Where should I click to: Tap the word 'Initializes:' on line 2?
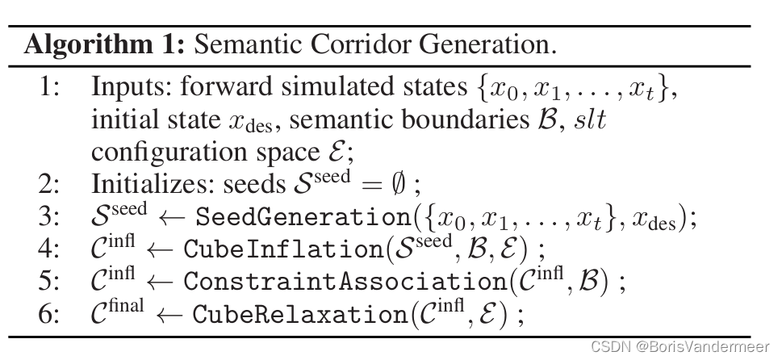pyautogui.click(x=151, y=184)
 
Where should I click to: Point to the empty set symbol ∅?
pyautogui.click(x=398, y=184)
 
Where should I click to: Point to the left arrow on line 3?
pyautogui.click(x=171, y=218)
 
